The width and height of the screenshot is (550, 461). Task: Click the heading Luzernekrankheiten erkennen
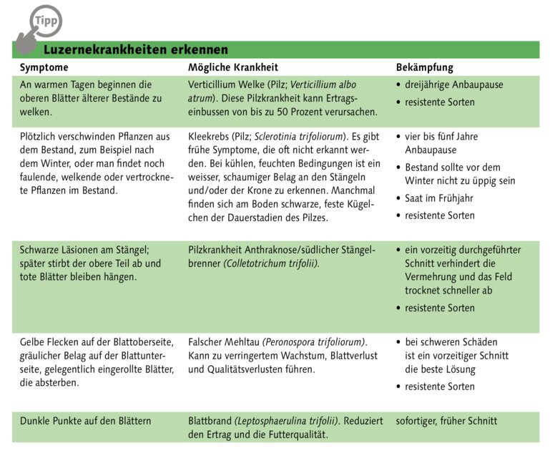click(136, 49)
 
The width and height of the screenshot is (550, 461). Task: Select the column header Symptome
click(44, 67)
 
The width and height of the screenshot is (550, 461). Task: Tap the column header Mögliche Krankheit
click(233, 67)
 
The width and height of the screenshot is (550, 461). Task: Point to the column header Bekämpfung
click(425, 67)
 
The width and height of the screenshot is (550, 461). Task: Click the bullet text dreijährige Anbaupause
click(454, 84)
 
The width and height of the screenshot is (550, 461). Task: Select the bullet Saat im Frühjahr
click(438, 198)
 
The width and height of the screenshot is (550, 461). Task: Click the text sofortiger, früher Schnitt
click(446, 420)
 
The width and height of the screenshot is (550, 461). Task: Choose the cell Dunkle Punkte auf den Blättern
click(85, 420)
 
